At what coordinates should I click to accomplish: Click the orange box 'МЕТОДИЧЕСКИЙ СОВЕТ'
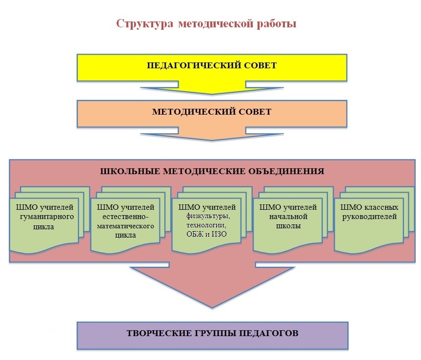coord(212,112)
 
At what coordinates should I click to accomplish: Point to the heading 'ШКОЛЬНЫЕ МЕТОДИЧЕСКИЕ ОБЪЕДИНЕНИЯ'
coord(212,171)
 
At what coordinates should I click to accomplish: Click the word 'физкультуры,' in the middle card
coord(207,217)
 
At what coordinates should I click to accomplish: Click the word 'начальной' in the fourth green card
coord(287,217)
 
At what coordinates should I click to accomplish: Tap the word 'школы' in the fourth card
coord(287,226)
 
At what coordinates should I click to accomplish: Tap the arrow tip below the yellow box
coord(212,93)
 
